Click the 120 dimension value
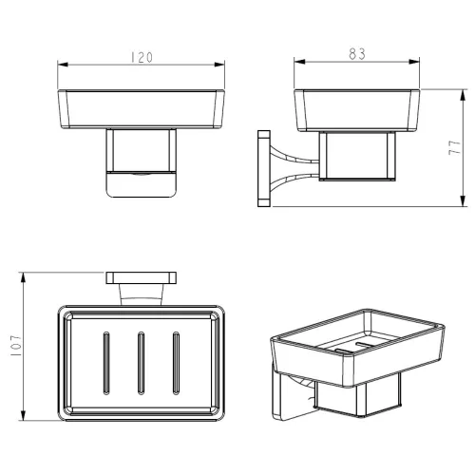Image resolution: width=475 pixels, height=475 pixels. point(142,57)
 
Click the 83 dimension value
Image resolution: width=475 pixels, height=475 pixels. point(357,54)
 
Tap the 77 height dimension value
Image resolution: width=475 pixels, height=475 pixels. point(454,147)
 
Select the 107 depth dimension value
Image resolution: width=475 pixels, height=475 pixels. point(16,346)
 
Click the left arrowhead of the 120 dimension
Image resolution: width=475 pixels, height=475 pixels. point(63,65)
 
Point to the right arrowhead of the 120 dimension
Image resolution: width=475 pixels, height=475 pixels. point(219,65)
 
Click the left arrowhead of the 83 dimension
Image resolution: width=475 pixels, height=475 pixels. point(299,62)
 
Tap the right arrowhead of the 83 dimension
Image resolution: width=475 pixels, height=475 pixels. point(414,62)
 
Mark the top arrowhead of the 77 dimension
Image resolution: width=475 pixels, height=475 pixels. point(463,95)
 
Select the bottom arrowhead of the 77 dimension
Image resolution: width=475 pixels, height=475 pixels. point(463,200)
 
